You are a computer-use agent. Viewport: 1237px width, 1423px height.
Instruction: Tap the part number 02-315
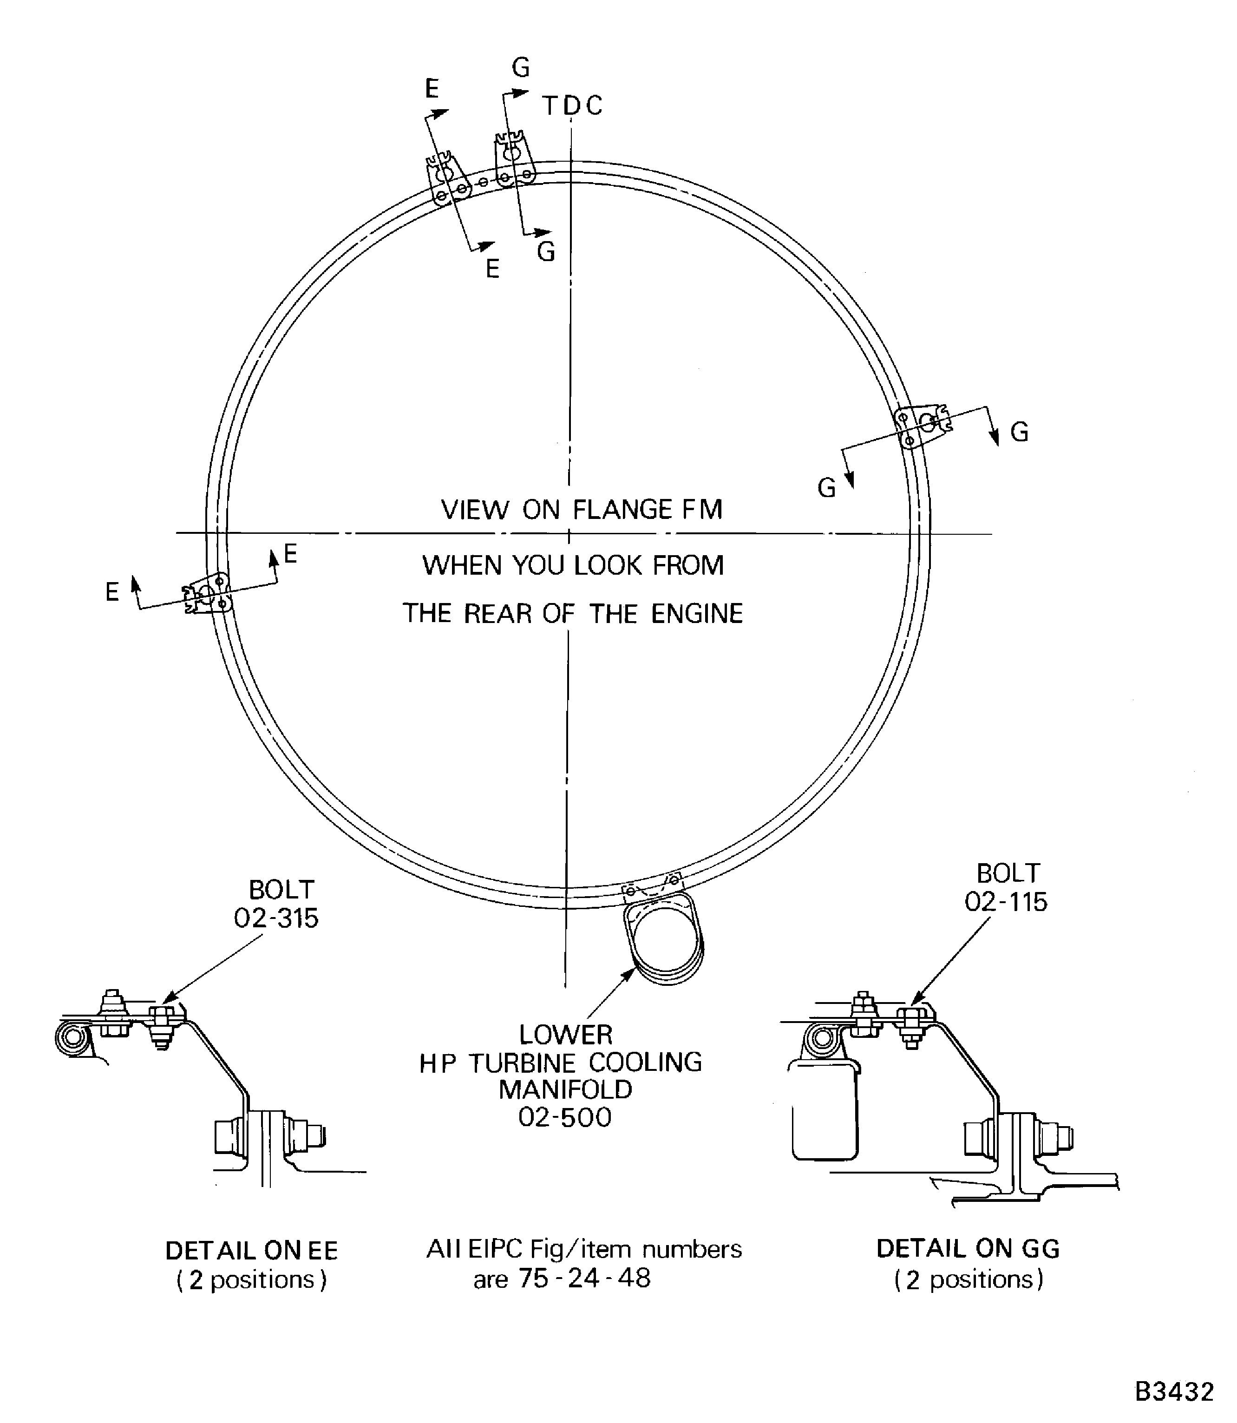275,918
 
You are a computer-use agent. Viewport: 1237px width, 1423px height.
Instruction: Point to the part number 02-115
1006,902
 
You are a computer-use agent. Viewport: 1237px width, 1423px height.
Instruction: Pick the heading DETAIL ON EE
251,1250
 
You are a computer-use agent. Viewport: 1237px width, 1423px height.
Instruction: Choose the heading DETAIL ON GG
968,1248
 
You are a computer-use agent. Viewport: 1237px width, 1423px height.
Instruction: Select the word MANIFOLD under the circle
565,1089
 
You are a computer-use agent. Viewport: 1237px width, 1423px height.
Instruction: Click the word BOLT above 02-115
1008,873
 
